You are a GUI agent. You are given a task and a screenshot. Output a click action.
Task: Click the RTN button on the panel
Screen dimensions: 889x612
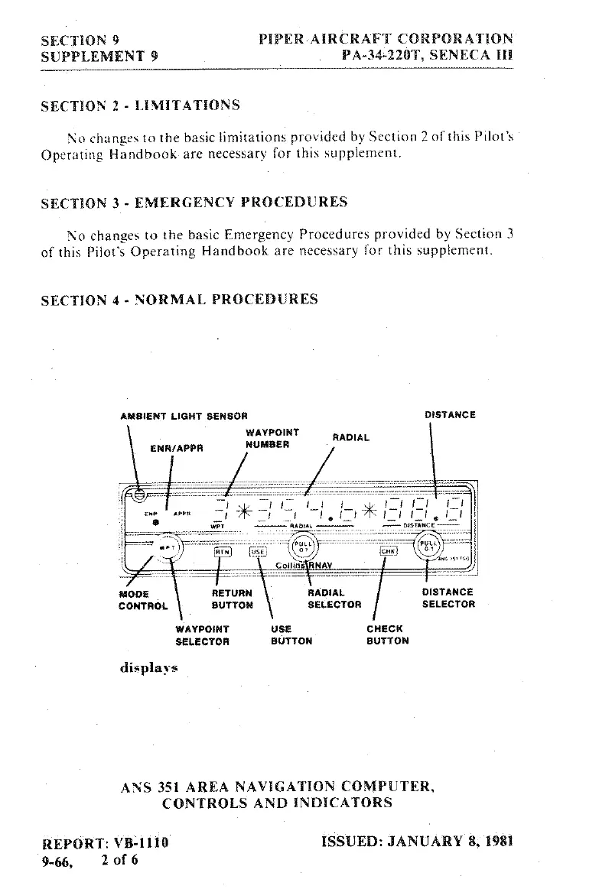pyautogui.click(x=222, y=550)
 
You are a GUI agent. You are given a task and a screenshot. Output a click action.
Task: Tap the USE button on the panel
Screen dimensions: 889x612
pyautogui.click(x=259, y=550)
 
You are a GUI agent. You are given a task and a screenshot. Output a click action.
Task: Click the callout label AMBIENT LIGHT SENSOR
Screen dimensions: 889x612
pyautogui.click(x=184, y=417)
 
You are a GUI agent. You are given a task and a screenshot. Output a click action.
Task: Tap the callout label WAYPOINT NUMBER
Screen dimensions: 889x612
pyautogui.click(x=267, y=439)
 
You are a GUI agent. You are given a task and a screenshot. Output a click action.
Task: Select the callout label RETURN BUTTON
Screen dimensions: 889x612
pyautogui.click(x=232, y=599)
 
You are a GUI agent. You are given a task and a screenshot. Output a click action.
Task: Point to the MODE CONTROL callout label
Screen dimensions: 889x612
pyautogui.click(x=143, y=599)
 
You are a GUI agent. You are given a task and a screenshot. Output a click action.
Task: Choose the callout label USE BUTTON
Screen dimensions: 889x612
pyautogui.click(x=291, y=634)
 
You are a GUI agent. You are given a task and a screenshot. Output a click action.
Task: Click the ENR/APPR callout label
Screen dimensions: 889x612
pyautogui.click(x=177, y=449)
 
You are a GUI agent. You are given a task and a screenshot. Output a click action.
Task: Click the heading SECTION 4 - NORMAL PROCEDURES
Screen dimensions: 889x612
pyautogui.click(x=179, y=300)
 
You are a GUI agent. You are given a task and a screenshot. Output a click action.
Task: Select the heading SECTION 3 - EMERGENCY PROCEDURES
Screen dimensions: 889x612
pyautogui.click(x=194, y=203)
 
